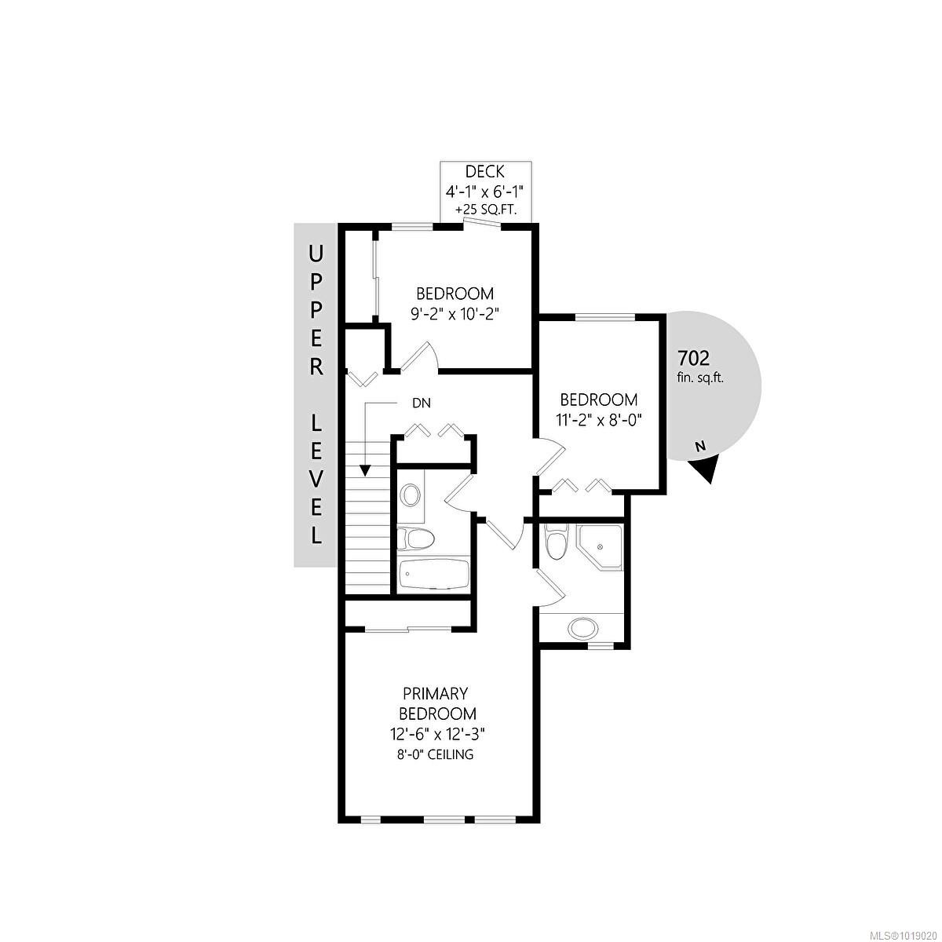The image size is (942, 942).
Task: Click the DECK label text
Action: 484,172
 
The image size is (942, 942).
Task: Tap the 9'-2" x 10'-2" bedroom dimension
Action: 455,312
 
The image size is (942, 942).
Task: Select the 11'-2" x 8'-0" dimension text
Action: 598,419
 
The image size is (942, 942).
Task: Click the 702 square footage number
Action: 693,359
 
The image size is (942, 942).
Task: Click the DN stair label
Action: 422,403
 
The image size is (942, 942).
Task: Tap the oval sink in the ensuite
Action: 582,627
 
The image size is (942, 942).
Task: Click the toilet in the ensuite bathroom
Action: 555,542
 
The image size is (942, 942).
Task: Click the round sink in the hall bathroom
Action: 411,495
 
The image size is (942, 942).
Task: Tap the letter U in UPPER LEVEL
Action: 316,254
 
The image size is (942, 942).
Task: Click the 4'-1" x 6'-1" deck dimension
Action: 484,192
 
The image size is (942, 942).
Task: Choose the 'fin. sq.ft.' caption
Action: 700,377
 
